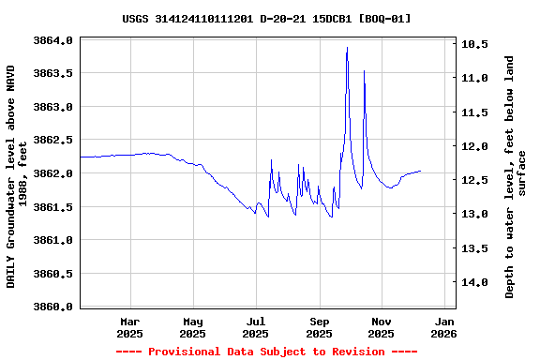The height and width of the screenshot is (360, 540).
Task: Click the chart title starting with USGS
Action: coord(266,19)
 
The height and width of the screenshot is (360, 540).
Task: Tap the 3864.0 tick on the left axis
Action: coord(53,41)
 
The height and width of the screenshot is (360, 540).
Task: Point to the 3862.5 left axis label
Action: coord(53,141)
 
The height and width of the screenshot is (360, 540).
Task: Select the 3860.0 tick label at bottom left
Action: coord(53,307)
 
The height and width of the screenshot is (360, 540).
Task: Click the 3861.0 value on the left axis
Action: coord(53,240)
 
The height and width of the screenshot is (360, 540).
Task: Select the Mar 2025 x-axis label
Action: coord(129,326)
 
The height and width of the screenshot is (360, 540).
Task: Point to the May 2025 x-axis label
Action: coord(192,326)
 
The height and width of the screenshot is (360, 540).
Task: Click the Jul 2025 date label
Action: coord(255,326)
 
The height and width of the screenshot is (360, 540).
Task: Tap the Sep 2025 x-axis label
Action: coord(319,326)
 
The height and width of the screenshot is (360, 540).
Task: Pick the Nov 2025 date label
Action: coord(381,326)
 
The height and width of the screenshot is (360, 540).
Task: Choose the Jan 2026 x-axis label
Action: coord(443,326)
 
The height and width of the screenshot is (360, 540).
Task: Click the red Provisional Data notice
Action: coord(266,352)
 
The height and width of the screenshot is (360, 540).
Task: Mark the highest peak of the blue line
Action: coord(347,47)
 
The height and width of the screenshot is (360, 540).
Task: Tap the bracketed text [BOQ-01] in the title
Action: coord(384,19)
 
